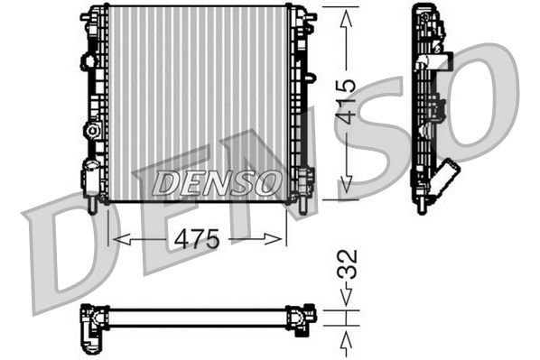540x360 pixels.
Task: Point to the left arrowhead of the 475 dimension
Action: (x=114, y=239)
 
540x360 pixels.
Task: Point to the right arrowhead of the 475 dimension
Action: (x=280, y=239)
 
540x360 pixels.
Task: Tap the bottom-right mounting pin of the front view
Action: (x=302, y=205)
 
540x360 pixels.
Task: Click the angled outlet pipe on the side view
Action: (x=444, y=180)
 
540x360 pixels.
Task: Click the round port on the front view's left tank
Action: (x=90, y=131)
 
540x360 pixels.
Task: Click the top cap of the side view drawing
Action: (x=425, y=11)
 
